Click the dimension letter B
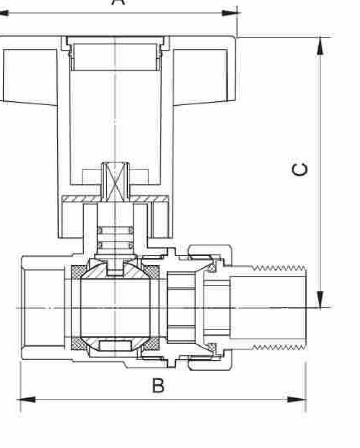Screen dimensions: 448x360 click(158, 385)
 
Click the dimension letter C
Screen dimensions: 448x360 click(300, 169)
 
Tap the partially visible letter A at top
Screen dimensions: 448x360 click(117, 3)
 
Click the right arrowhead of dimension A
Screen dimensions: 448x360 click(230, 13)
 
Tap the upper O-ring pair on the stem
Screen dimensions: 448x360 click(116, 230)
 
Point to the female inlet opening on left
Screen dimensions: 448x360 click(43, 307)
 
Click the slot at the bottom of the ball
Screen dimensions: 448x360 click(115, 345)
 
